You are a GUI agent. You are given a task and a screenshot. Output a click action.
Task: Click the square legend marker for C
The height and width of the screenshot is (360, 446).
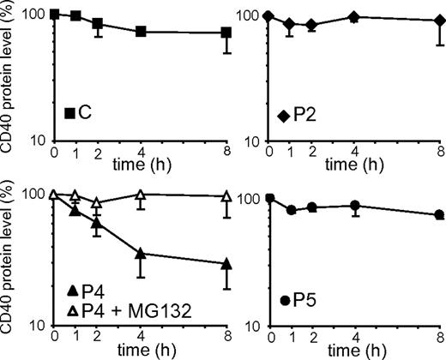pos(71,112)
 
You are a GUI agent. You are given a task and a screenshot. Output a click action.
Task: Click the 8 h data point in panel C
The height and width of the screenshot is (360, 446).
pos(226,33)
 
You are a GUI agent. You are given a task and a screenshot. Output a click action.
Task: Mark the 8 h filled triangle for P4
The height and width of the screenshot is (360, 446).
pos(226,263)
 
